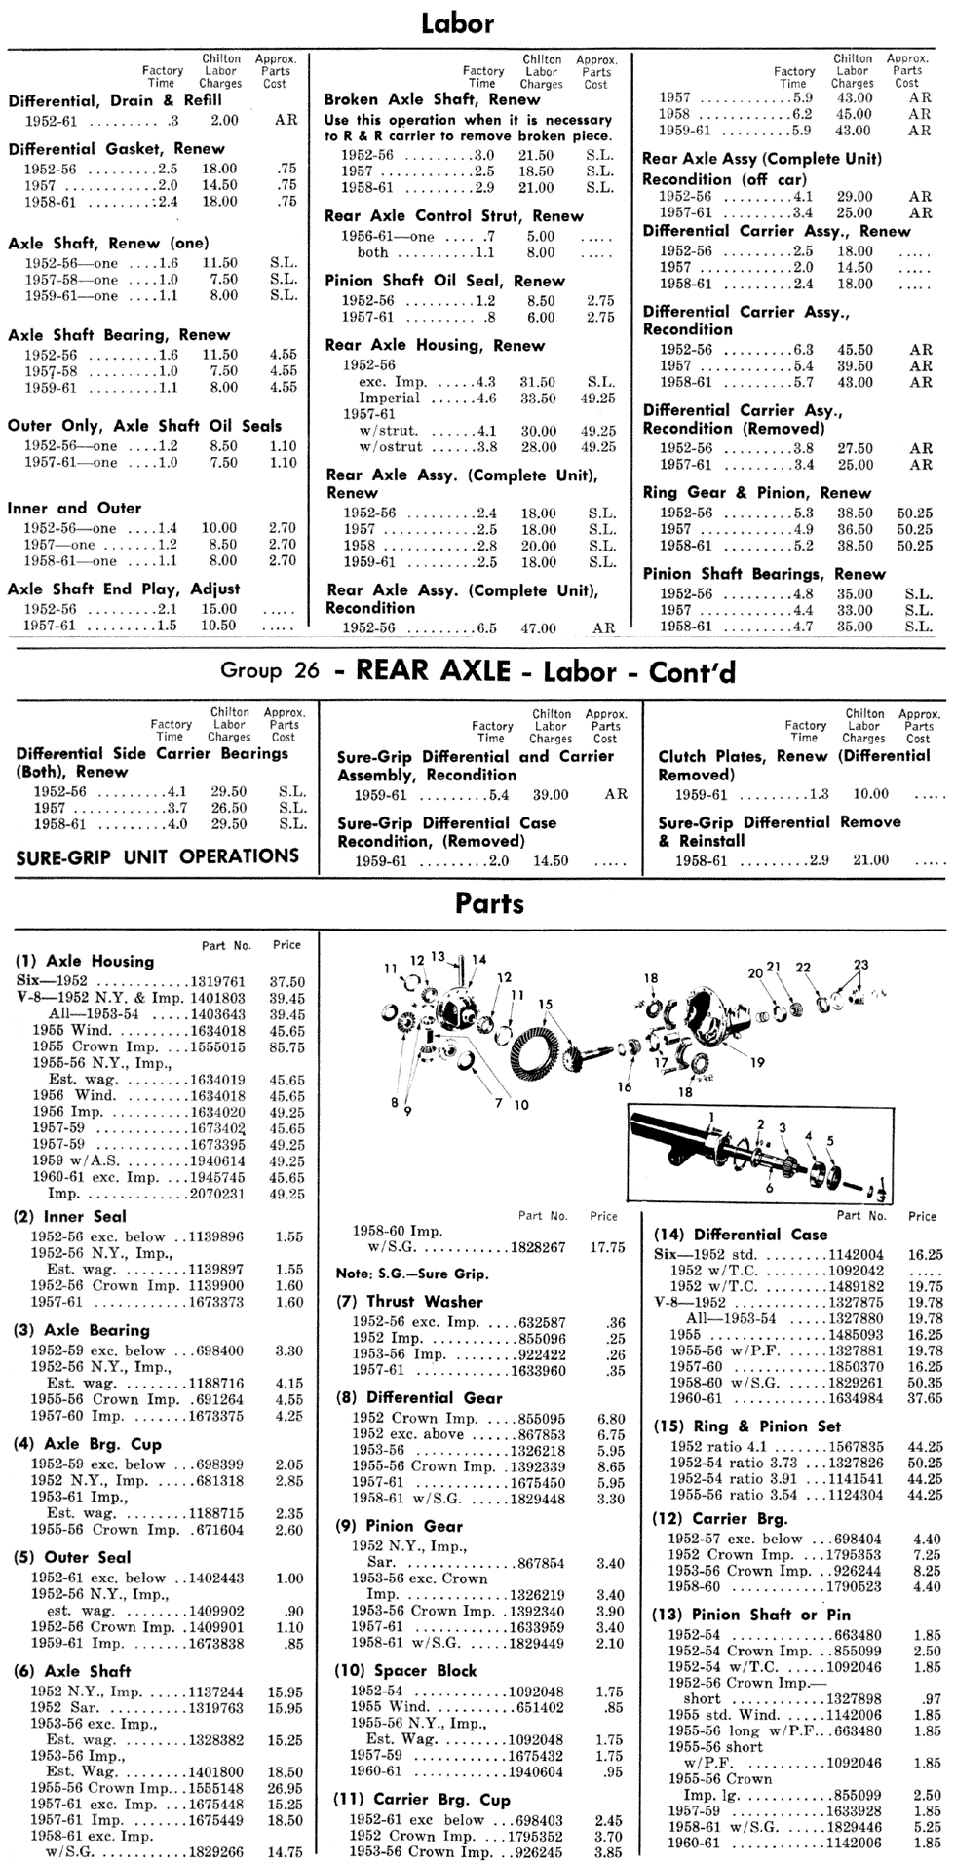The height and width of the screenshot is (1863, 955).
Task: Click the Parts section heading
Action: (489, 903)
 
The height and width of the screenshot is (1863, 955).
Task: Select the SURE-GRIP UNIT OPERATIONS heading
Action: (158, 856)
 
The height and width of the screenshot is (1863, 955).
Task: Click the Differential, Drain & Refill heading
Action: (115, 100)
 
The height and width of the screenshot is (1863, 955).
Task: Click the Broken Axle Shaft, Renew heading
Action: (432, 99)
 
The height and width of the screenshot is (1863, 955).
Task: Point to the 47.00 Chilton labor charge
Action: (538, 628)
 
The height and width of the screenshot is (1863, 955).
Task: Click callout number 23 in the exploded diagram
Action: (859, 965)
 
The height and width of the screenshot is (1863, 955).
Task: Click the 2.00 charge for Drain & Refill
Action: (224, 121)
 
